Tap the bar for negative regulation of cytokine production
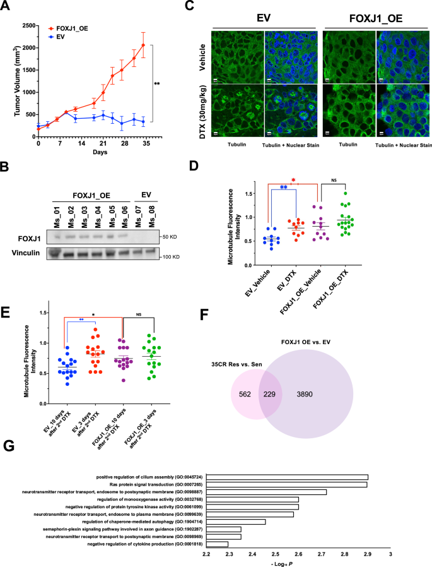tap(217, 544)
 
